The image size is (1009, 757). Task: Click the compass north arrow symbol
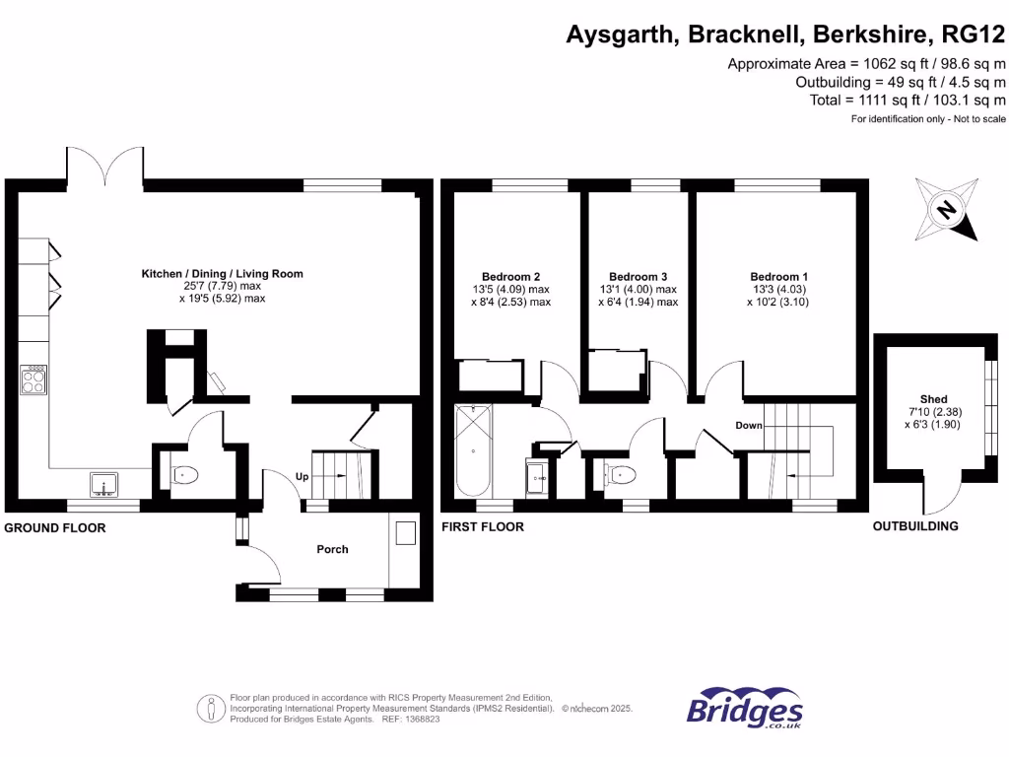(x=946, y=209)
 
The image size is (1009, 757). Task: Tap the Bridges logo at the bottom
(x=744, y=708)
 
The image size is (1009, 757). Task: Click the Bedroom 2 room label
(x=510, y=277)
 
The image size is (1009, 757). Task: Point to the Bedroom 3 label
(x=638, y=277)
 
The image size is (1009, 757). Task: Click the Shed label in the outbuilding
(x=933, y=399)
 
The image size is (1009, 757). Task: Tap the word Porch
(x=332, y=549)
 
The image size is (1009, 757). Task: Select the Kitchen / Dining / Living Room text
(x=222, y=274)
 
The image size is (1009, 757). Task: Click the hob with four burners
(x=34, y=379)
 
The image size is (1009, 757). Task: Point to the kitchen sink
(x=103, y=484)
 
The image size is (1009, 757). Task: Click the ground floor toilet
(x=184, y=475)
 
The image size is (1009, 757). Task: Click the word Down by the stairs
(x=749, y=426)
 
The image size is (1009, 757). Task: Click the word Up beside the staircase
(x=303, y=477)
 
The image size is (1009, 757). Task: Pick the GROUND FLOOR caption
(x=55, y=528)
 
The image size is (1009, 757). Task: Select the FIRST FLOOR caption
(x=483, y=527)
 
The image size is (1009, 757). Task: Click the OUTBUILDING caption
(x=915, y=526)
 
